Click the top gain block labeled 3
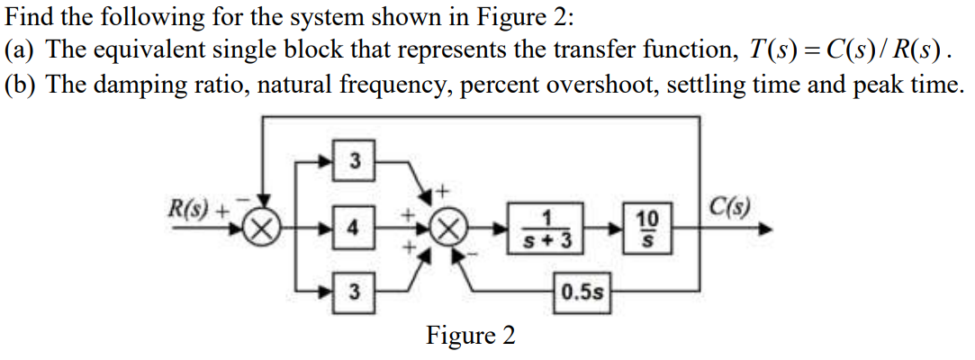pos(355,162)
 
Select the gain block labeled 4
pos(355,227)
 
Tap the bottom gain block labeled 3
pos(355,292)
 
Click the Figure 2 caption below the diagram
pos(471,336)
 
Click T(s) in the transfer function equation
pos(754,50)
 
